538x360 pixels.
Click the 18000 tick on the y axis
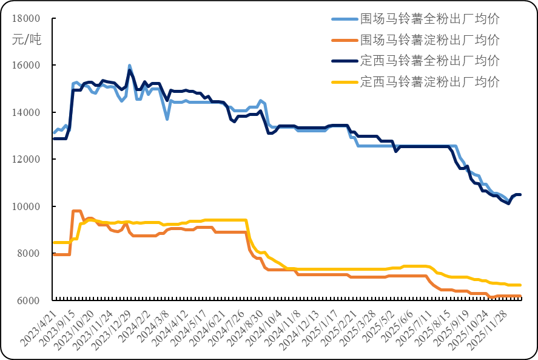pyautogui.click(x=26, y=18)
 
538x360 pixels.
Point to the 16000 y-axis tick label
pyautogui.click(x=26, y=66)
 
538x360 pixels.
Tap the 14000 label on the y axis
pyautogui.click(x=26, y=113)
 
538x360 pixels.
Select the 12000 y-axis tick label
pyautogui.click(x=26, y=160)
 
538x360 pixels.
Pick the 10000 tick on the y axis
pyautogui.click(x=26, y=207)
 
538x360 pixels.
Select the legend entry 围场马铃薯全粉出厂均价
pyautogui.click(x=429, y=19)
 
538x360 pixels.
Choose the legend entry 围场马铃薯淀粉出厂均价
pyautogui.click(x=429, y=40)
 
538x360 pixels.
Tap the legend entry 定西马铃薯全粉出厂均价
pyautogui.click(x=429, y=61)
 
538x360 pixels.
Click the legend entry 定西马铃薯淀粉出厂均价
pyautogui.click(x=429, y=81)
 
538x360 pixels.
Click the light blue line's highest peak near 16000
pyautogui.click(x=129, y=65)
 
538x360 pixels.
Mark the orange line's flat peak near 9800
pyautogui.click(x=77, y=211)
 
